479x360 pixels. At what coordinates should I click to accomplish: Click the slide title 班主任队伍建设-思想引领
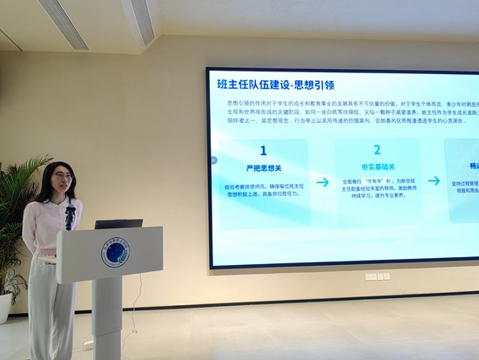276,85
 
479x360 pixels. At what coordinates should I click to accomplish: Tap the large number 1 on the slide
264,150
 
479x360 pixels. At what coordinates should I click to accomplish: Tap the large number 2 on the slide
377,150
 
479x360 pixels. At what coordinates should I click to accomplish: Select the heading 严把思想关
264,167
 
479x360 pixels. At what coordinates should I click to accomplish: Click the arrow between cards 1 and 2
322,182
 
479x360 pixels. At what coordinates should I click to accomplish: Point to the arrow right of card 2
434,181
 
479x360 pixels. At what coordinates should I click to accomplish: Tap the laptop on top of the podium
118,224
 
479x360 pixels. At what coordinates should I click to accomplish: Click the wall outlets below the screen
376,276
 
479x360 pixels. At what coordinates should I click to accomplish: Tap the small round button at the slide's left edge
213,160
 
